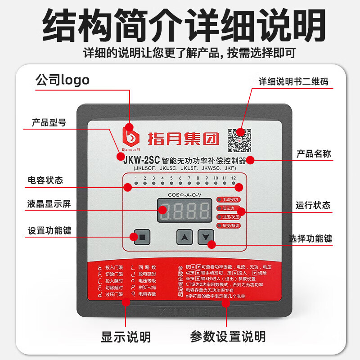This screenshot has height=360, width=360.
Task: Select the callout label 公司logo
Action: [63, 80]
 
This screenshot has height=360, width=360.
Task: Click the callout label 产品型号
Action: [49, 122]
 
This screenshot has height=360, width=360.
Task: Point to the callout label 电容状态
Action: [45, 180]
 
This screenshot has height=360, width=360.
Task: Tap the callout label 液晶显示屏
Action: [49, 204]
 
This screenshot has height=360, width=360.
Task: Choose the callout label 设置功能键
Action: [49, 231]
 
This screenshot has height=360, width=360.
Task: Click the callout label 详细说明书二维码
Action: [293, 81]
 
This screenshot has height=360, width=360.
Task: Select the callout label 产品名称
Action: [314, 154]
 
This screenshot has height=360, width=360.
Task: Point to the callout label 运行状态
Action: [313, 205]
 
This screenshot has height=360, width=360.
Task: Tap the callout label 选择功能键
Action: [310, 238]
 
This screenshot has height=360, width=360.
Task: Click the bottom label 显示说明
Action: [126, 336]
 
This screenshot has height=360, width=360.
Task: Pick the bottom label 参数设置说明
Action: [228, 336]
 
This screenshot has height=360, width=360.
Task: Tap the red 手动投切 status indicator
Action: [229, 199]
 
